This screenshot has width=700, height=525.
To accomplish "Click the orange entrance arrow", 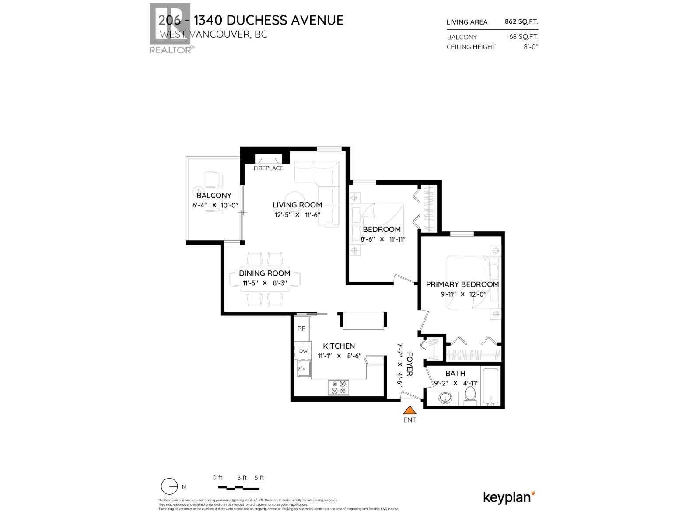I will (409, 410).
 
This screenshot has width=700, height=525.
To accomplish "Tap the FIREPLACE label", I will (268, 168).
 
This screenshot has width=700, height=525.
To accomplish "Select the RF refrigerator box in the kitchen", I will (301, 329).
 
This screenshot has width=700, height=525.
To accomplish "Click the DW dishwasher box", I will (303, 351).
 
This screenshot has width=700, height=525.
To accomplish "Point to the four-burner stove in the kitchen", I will (339, 387).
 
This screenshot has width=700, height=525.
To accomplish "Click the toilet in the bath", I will (470, 394).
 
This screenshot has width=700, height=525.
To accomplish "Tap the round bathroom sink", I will (446, 399).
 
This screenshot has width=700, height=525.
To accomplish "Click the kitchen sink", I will (303, 368).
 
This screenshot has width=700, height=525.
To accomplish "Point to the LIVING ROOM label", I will (297, 205).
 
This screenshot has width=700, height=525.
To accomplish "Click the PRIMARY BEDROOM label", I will (462, 284).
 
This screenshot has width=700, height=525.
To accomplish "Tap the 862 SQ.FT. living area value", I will (521, 21).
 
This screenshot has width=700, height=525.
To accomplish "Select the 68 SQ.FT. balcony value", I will (524, 37).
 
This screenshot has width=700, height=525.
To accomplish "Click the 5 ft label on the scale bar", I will (259, 478).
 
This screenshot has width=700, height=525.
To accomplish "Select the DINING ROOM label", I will (264, 273).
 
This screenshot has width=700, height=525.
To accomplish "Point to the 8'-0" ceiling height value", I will (531, 47).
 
